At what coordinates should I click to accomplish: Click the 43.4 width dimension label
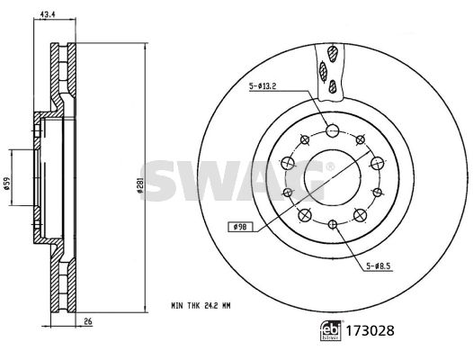[x=47, y=14]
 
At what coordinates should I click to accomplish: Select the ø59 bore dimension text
[x=6, y=184]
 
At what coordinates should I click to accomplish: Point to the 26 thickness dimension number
[x=88, y=322]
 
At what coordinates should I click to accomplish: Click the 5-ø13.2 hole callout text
[x=263, y=86]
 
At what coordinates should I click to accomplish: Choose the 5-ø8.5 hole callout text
[x=379, y=266]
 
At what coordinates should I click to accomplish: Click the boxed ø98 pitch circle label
[x=240, y=227]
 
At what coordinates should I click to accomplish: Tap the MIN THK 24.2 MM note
[x=201, y=306]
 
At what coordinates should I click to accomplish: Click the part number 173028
[x=370, y=331]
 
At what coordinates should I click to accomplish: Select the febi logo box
[x=331, y=330]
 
